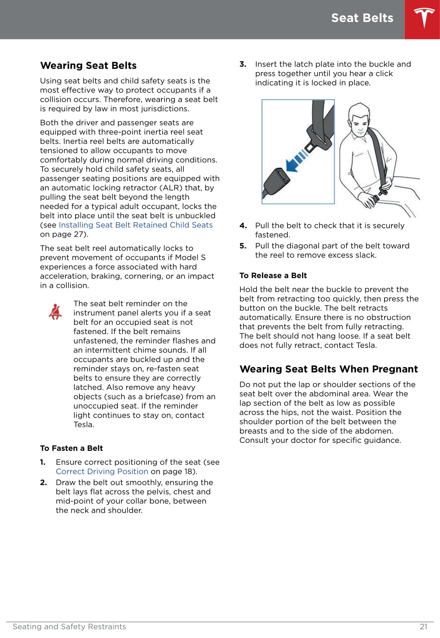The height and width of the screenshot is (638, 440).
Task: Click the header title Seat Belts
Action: [x=362, y=18]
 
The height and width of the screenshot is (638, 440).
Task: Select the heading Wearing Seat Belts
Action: [x=88, y=66]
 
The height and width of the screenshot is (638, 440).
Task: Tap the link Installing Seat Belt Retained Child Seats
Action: [x=136, y=225]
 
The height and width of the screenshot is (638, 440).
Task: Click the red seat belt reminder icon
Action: [x=55, y=312]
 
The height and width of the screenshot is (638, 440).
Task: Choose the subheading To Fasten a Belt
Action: [x=71, y=448]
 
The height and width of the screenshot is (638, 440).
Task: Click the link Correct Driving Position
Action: [x=102, y=471]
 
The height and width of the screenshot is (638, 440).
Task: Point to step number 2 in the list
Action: [x=43, y=483]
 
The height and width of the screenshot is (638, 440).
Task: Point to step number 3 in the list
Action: [x=243, y=64]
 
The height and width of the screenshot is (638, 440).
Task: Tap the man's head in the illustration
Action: [x=359, y=119]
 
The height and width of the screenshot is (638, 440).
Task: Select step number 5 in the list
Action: [x=243, y=246]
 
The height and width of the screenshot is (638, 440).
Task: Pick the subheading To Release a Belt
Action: [x=273, y=275]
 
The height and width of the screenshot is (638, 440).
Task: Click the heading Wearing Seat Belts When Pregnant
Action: [x=328, y=369]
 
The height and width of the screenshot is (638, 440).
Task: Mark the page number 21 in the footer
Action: [x=423, y=627]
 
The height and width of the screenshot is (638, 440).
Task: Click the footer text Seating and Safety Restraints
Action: [x=69, y=627]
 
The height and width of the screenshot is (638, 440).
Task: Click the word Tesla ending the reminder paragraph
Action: [x=84, y=425]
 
